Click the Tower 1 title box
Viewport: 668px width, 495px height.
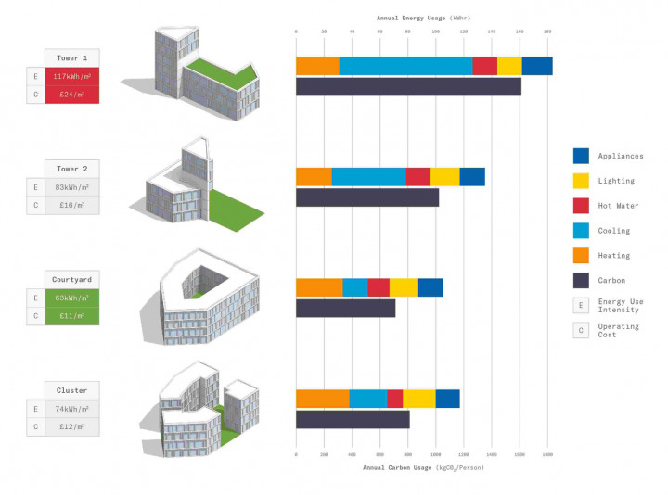point(71,57)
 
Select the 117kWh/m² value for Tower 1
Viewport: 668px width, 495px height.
point(71,76)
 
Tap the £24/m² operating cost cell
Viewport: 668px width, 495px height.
point(71,94)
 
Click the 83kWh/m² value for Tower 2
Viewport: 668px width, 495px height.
point(71,187)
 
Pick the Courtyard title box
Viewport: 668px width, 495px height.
point(71,279)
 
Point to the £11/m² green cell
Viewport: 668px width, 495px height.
point(71,315)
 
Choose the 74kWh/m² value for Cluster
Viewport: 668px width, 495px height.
point(71,409)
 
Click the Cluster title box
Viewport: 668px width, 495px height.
point(71,390)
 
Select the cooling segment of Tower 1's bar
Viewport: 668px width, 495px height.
point(405,66)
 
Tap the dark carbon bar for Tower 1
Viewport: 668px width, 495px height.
point(408,87)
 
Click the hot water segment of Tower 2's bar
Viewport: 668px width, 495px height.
point(417,176)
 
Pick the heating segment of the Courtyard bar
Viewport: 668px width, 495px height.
point(319,287)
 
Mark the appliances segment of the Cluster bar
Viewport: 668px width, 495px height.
point(447,399)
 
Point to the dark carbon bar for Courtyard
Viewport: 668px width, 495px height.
point(345,309)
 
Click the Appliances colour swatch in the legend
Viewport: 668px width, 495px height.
point(582,156)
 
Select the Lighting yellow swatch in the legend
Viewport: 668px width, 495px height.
point(582,181)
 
